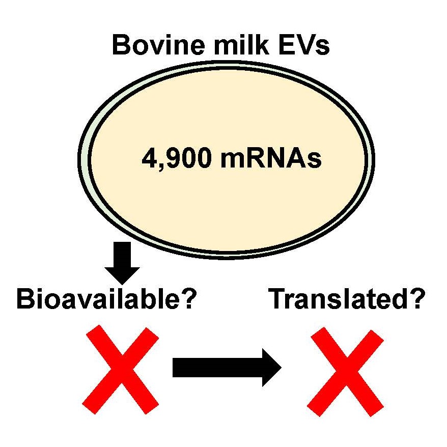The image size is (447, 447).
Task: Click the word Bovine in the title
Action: tap(158, 45)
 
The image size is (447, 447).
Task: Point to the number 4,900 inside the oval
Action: tap(177, 159)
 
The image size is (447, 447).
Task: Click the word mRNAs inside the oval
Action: tap(271, 158)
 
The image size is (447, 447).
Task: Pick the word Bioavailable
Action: tap(98, 298)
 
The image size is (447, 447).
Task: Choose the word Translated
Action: tap(337, 298)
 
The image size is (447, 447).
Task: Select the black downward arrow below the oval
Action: tap(122, 263)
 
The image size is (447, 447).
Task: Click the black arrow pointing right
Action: tap(227, 368)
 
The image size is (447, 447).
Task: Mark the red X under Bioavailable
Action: tap(120, 370)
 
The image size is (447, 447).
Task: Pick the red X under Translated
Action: tap(346, 372)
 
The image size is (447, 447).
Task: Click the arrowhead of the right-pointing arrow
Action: tap(271, 368)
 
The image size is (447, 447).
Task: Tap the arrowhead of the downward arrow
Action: tap(122, 275)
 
